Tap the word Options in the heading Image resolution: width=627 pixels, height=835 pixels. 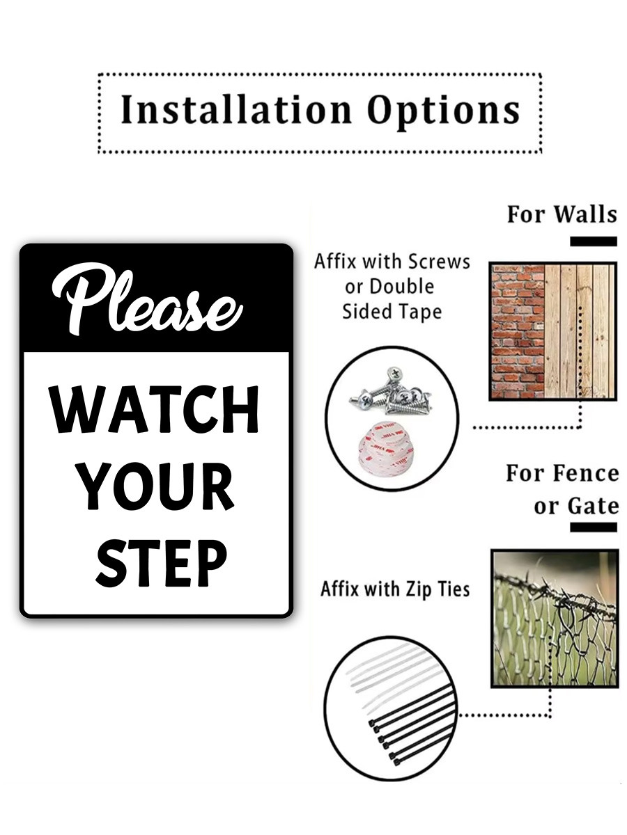click(443, 112)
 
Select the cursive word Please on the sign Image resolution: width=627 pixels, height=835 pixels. click(147, 299)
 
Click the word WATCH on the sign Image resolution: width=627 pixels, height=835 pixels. click(154, 409)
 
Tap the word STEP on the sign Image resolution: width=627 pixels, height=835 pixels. click(162, 563)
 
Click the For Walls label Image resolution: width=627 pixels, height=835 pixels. click(562, 214)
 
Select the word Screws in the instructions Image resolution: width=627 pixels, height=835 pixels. click(439, 262)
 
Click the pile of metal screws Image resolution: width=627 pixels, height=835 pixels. click(391, 391)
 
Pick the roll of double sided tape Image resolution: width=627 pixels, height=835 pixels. click(385, 452)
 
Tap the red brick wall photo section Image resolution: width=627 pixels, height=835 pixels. click(518, 331)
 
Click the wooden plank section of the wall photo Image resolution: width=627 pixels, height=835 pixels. click(580, 331)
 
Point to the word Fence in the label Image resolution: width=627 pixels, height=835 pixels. click(585, 475)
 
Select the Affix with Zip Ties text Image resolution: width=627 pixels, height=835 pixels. click(395, 589)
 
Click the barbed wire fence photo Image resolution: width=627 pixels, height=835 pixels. click(555, 618)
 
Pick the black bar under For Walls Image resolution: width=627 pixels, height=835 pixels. click(593, 241)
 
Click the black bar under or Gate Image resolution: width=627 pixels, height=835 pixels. click(593, 527)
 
